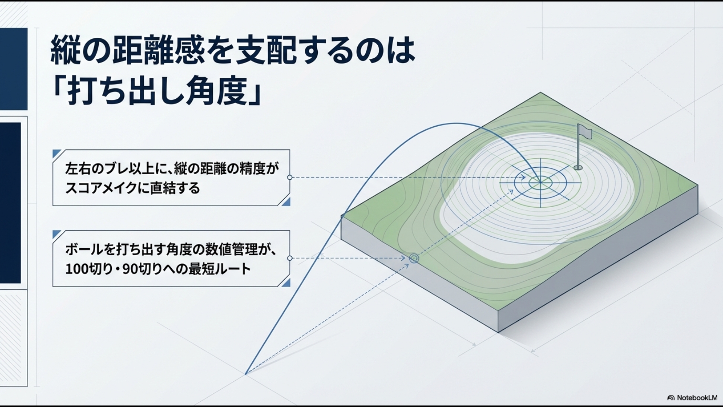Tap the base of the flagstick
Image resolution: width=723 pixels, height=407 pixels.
pyautogui.click(x=578, y=168)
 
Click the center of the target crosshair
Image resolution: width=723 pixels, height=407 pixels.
pyautogui.click(x=540, y=183)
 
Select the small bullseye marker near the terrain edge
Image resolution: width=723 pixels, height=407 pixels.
pyautogui.click(x=414, y=259)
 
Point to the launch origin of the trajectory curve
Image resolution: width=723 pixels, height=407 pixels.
pyautogui.click(x=246, y=374)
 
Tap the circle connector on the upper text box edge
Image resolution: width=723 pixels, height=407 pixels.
pyautogui.click(x=290, y=177)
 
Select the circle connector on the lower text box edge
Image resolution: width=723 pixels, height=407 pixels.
pyautogui.click(x=290, y=258)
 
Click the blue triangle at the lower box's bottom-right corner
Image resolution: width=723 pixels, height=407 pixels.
pyautogui.click(x=287, y=283)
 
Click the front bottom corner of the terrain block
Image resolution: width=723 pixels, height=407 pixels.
pyautogui.click(x=498, y=332)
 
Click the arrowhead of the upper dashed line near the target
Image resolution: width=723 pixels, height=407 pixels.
pyautogui.click(x=524, y=177)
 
